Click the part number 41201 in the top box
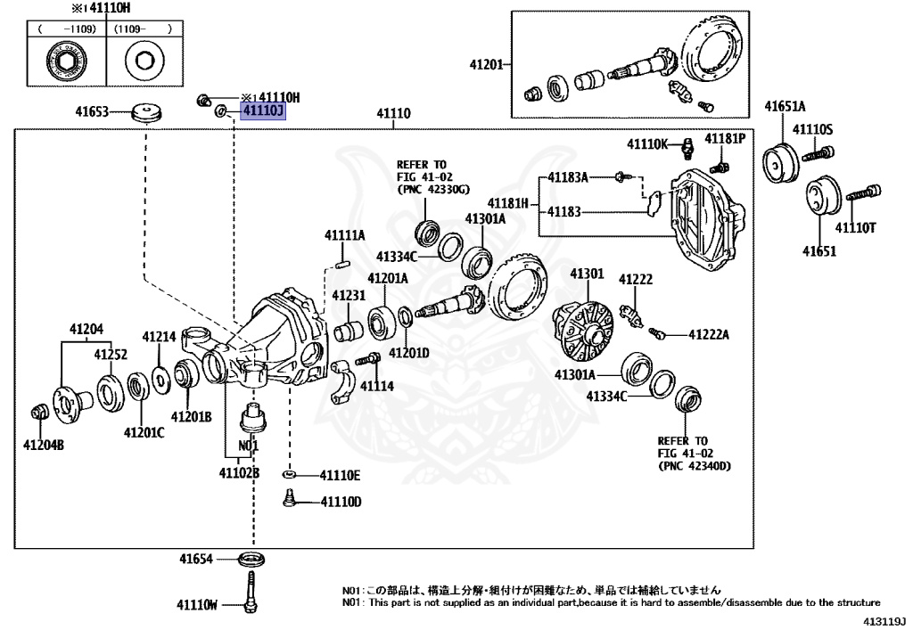point(488,64)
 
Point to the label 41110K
point(647,143)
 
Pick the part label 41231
point(349,295)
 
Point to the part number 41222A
point(708,335)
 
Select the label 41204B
point(44,445)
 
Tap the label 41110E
point(341,475)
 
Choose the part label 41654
point(195,559)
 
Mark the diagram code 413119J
point(883,618)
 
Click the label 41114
point(376,387)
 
